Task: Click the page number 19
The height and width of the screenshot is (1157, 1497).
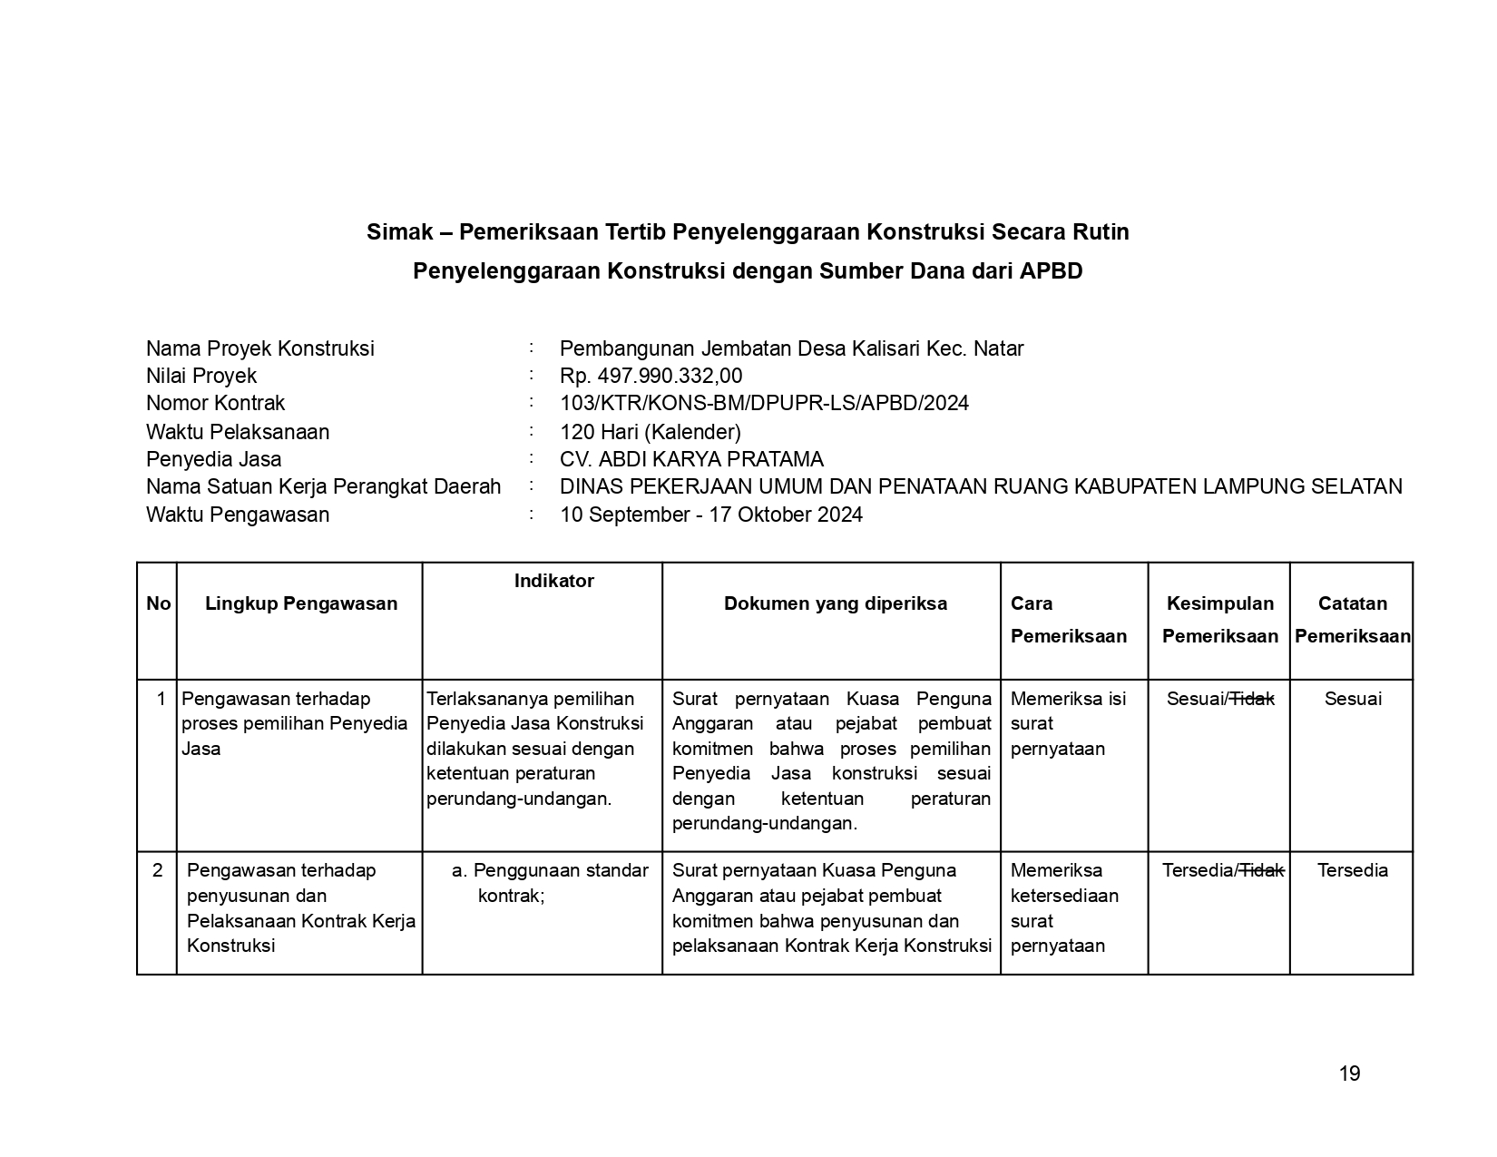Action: tap(1349, 1074)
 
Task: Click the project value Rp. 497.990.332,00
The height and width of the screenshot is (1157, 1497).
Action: tap(651, 377)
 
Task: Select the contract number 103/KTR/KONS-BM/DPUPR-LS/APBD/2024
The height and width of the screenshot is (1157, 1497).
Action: tap(764, 404)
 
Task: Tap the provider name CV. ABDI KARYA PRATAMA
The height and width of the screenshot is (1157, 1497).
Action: tap(691, 460)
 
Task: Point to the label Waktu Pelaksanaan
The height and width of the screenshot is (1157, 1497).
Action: tap(238, 432)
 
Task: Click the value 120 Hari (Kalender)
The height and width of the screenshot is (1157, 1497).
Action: tap(651, 432)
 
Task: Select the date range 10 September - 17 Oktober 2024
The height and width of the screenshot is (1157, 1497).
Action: tap(711, 515)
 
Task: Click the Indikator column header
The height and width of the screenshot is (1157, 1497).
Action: tap(553, 582)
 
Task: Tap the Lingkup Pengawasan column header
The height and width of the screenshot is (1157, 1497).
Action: tap(301, 604)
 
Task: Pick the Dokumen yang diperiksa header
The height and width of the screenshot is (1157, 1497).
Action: tap(835, 604)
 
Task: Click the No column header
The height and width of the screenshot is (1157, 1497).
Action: tap(158, 604)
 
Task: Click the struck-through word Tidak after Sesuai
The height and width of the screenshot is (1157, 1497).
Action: tap(1252, 699)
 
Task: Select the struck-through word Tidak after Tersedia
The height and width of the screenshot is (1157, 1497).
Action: tap(1262, 871)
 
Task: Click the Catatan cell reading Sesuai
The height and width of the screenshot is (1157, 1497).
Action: tap(1353, 699)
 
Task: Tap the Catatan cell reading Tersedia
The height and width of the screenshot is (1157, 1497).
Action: tap(1353, 871)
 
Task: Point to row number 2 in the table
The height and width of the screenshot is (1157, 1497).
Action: tap(158, 871)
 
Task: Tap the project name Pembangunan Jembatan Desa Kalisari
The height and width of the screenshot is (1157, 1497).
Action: tap(753, 349)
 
